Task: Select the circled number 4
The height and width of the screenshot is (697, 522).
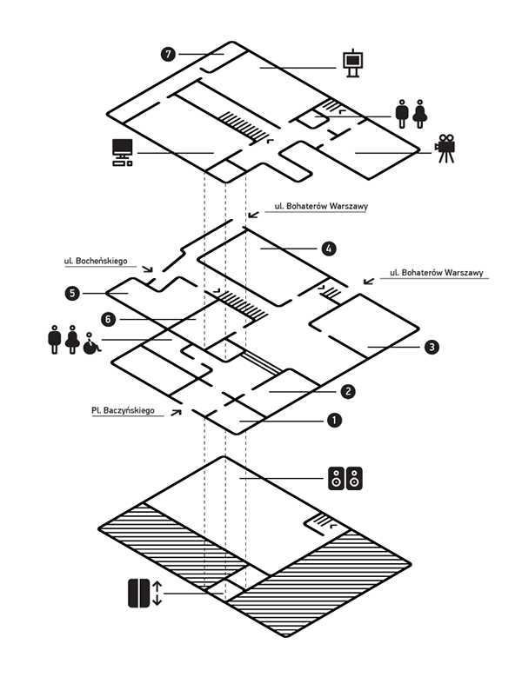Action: [x=327, y=249]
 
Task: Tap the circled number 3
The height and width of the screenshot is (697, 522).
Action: [x=432, y=348]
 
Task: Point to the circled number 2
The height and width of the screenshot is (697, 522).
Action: [x=346, y=392]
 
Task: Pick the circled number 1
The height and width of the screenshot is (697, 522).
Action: [x=332, y=422]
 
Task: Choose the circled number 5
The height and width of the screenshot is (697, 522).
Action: [x=72, y=294]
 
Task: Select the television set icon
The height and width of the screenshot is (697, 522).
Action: [x=121, y=152]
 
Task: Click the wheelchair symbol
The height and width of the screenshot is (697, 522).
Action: [x=90, y=343]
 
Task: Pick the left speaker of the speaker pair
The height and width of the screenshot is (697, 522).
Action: [x=336, y=479]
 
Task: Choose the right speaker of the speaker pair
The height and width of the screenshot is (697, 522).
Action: [x=356, y=479]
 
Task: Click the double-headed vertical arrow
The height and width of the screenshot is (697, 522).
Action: [x=157, y=594]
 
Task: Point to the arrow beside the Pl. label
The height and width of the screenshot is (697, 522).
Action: [x=177, y=409]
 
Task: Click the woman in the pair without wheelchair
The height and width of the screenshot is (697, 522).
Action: [x=420, y=113]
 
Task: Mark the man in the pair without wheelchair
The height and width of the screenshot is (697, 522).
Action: [x=402, y=113]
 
